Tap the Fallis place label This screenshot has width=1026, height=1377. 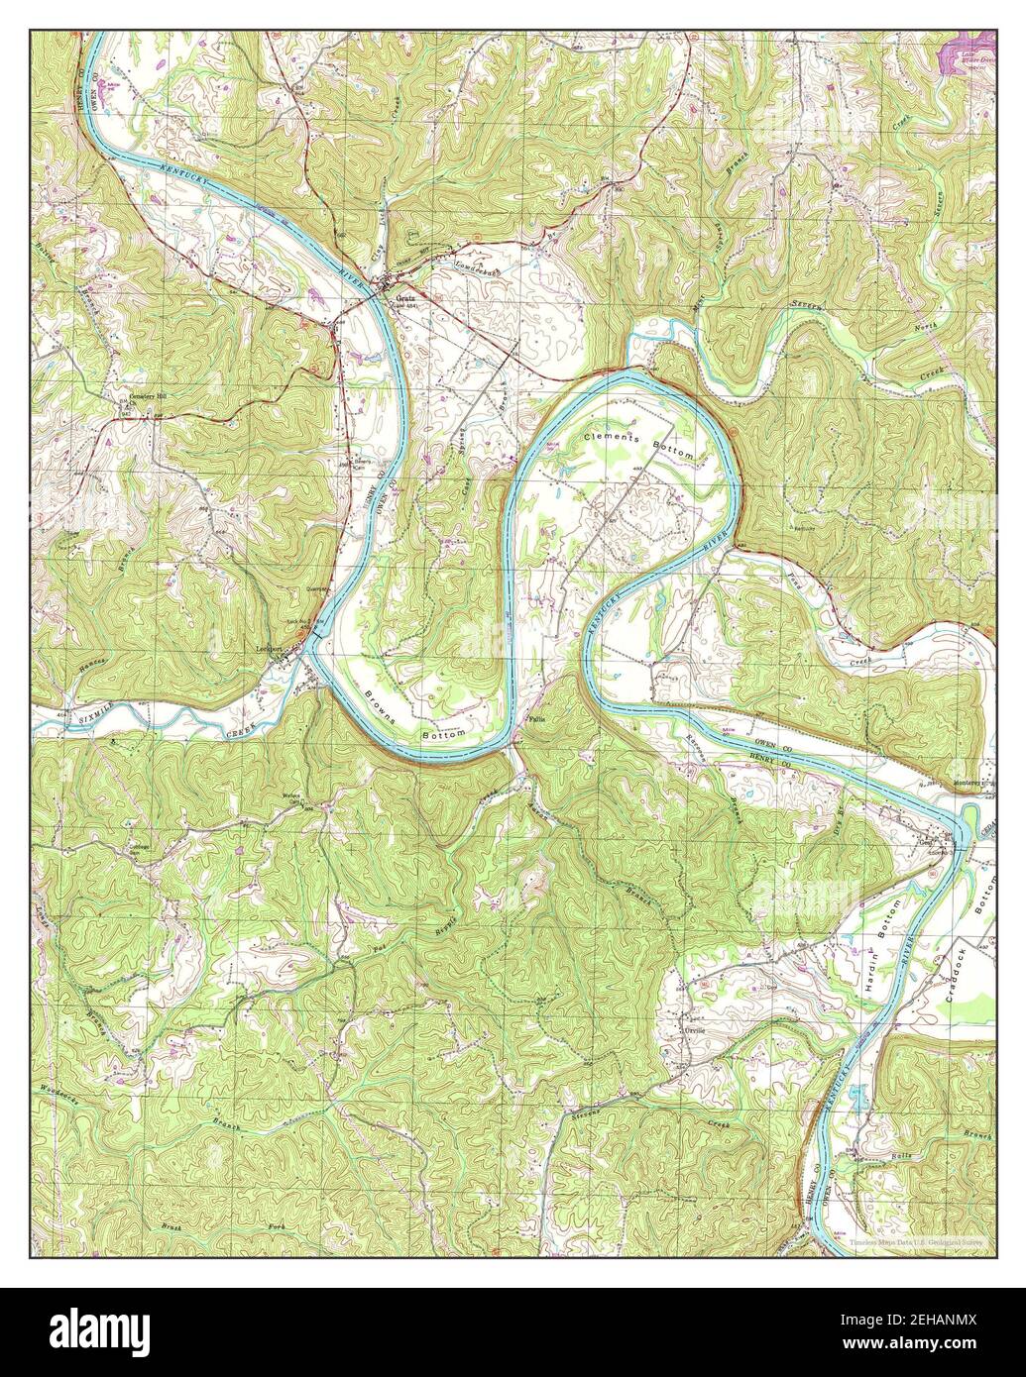(x=537, y=720)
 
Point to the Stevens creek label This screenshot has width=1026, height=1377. (x=593, y=1115)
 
